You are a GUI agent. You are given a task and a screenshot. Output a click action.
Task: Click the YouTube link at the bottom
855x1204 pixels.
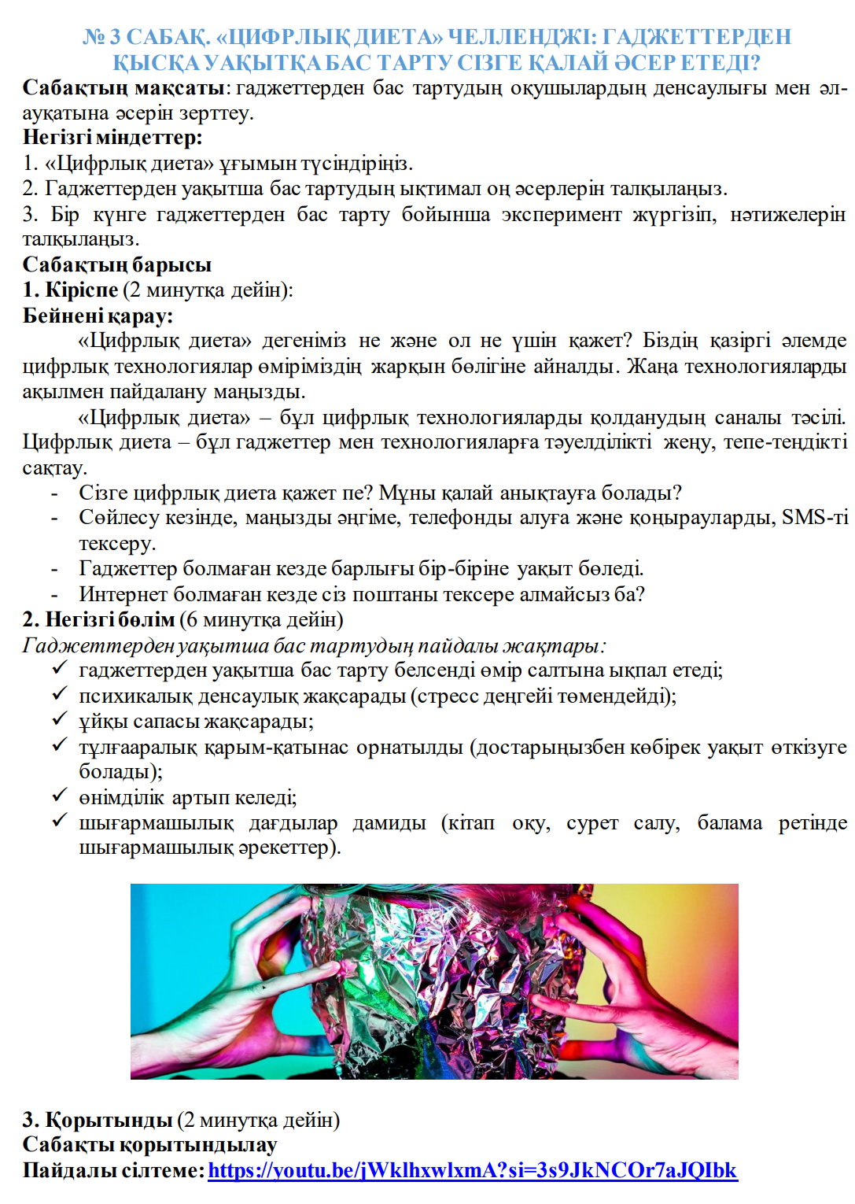tap(472, 1170)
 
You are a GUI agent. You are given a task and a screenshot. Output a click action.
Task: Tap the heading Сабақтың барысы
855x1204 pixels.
tap(116, 264)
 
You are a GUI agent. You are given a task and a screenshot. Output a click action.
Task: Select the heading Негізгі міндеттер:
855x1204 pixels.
tap(112, 138)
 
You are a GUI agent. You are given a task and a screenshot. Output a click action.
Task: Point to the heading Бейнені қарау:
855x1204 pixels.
tap(98, 316)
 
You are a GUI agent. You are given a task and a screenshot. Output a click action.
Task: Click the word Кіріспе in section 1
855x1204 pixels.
tap(81, 290)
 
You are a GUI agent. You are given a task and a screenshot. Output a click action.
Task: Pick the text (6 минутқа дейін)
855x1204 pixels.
tap(262, 620)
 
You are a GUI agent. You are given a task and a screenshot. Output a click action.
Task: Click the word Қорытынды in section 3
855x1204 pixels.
tap(109, 1120)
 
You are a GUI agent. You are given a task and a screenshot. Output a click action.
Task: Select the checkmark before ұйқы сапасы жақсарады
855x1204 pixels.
tap(60, 719)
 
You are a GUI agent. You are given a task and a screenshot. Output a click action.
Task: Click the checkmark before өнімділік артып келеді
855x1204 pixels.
tap(60, 796)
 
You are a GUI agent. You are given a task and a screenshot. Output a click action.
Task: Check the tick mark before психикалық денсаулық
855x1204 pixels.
tap(60, 694)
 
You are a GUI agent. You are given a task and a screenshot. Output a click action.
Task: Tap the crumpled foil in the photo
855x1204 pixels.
tap(440, 984)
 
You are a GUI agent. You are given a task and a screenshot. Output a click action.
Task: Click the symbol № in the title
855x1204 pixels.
tap(94, 37)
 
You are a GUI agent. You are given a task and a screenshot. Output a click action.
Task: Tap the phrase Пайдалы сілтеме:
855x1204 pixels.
tap(113, 1170)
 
